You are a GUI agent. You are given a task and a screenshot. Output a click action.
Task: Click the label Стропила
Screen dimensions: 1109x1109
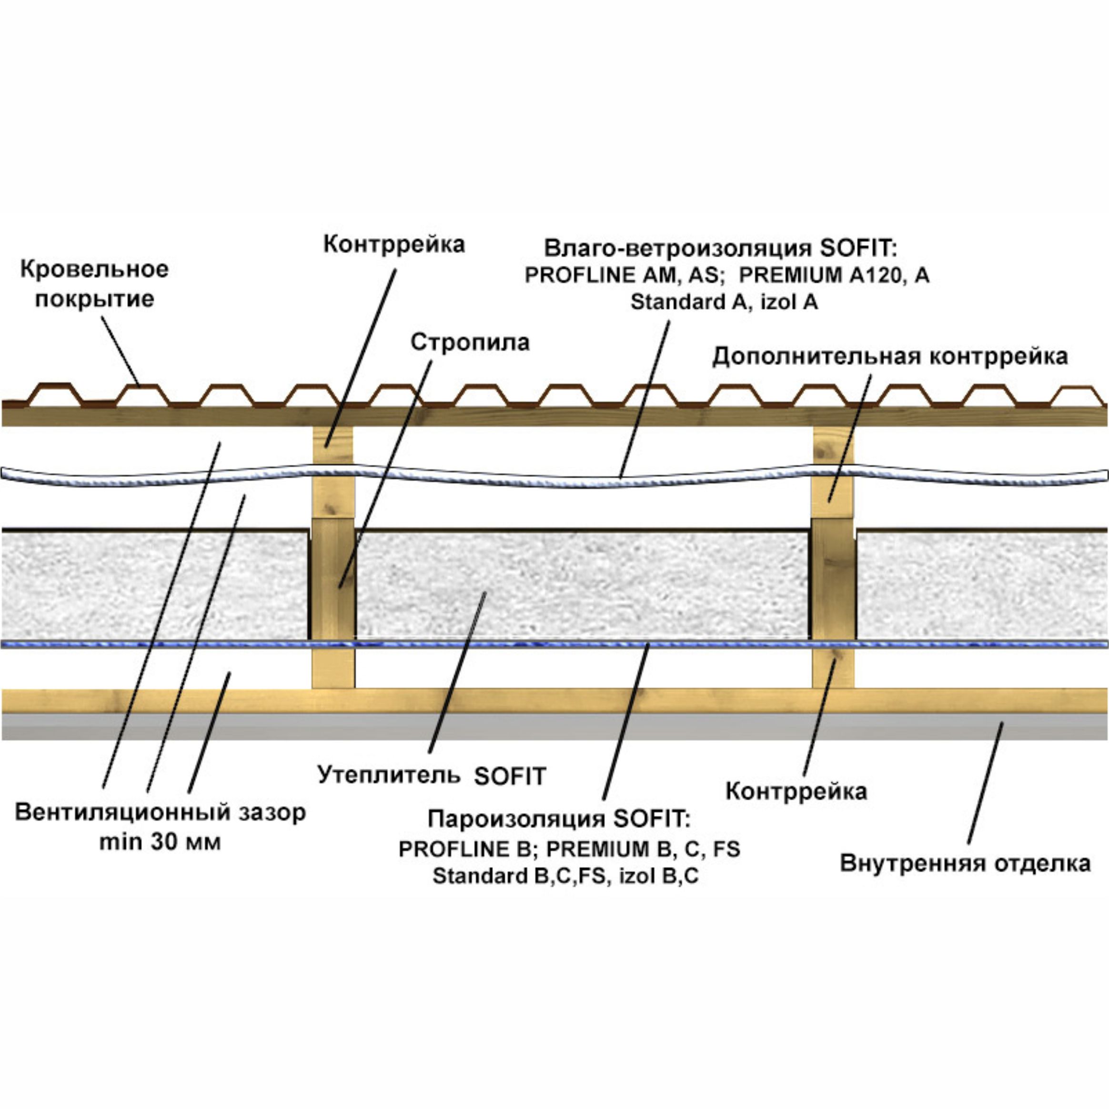click(x=470, y=343)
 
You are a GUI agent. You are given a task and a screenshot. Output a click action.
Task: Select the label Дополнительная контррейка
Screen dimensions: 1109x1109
click(x=890, y=356)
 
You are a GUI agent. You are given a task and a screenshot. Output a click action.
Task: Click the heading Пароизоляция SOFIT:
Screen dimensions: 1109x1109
click(x=559, y=818)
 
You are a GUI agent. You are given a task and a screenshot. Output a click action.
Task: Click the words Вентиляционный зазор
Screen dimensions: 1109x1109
click(x=160, y=812)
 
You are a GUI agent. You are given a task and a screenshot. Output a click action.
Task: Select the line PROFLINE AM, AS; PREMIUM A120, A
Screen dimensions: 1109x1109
click(x=726, y=275)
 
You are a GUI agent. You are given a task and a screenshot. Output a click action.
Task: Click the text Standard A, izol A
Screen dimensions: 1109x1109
click(x=724, y=302)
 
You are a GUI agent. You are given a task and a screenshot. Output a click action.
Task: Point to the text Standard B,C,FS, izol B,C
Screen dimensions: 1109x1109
click(x=565, y=877)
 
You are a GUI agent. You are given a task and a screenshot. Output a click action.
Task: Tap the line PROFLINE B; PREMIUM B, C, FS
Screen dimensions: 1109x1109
click(x=569, y=848)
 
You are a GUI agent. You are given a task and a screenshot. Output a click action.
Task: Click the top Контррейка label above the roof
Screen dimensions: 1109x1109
click(x=394, y=244)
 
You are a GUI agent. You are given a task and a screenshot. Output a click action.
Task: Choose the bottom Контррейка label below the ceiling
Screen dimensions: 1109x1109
click(x=796, y=792)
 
